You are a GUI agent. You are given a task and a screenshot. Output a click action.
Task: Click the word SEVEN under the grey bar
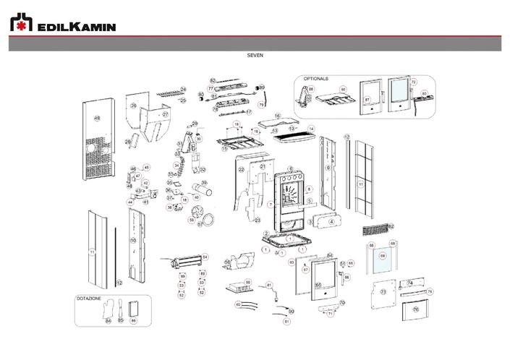(255, 54)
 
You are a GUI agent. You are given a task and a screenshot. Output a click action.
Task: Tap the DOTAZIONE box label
(89, 298)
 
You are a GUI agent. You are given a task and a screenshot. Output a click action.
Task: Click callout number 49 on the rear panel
(97, 119)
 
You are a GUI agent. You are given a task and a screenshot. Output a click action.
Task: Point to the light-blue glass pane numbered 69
(383, 257)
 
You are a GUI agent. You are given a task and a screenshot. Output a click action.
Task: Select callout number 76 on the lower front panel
(415, 309)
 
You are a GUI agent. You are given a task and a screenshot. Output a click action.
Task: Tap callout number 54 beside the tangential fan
(205, 257)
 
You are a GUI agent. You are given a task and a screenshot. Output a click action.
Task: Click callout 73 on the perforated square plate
(383, 292)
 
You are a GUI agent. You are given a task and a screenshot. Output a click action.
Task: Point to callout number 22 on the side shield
(242, 169)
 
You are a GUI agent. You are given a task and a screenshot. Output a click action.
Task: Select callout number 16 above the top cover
(277, 116)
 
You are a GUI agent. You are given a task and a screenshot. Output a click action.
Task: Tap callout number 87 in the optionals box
(367, 100)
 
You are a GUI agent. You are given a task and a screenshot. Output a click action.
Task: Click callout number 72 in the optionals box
(414, 82)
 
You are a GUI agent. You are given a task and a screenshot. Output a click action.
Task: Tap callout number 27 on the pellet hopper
(165, 114)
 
